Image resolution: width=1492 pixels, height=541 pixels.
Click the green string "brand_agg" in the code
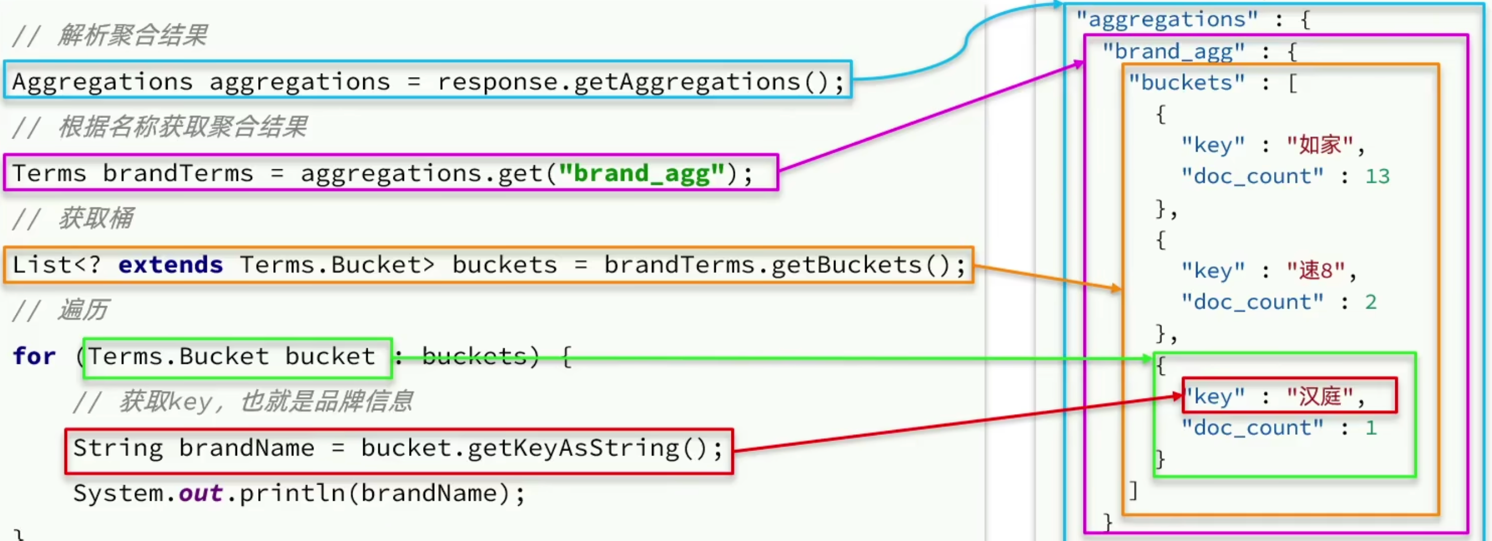(641, 173)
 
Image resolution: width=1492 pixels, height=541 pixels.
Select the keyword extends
(170, 265)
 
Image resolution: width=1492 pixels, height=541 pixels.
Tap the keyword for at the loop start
(34, 355)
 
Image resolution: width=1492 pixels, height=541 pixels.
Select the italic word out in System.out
(200, 493)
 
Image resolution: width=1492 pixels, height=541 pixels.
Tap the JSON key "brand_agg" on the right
(1173, 51)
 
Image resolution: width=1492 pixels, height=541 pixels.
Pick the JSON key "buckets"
(1186, 82)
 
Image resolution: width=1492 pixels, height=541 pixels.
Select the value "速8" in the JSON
(1315, 270)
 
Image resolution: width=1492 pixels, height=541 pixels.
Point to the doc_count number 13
(1377, 176)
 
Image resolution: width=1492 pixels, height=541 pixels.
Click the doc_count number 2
(1370, 302)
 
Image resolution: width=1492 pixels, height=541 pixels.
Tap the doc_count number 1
(1370, 428)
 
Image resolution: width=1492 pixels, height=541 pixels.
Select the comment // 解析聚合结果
(110, 35)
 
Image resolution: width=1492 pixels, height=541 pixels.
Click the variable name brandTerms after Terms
(178, 173)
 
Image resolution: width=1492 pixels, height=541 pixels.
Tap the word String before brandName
(118, 448)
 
